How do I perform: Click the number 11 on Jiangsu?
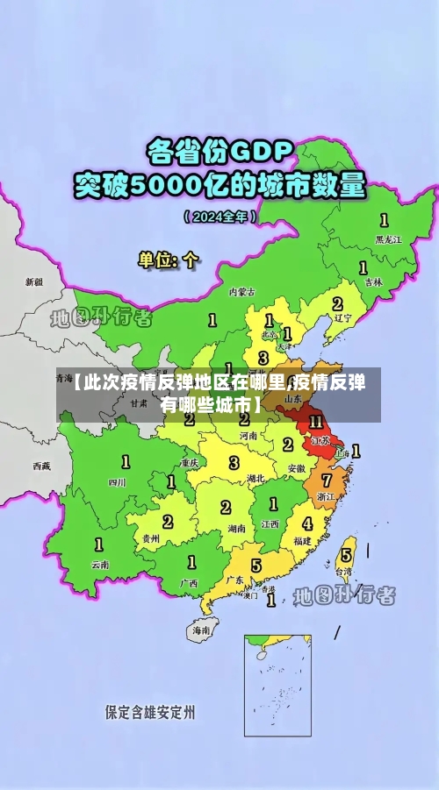(315, 422)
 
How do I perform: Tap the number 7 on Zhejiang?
(326, 480)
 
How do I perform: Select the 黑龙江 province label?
(387, 238)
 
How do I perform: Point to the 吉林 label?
(374, 282)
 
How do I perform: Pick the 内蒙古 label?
(241, 292)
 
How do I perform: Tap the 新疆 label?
(34, 282)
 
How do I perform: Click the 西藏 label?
(41, 466)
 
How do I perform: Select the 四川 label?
(118, 481)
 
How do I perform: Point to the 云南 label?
(101, 565)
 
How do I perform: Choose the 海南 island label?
(201, 629)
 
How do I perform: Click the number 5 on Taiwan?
(346, 554)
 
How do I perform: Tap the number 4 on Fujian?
(306, 523)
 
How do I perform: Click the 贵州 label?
(150, 538)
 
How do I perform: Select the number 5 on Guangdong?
(255, 566)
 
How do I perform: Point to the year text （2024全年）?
(219, 217)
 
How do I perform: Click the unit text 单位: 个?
(169, 260)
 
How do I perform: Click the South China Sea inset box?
(277, 684)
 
